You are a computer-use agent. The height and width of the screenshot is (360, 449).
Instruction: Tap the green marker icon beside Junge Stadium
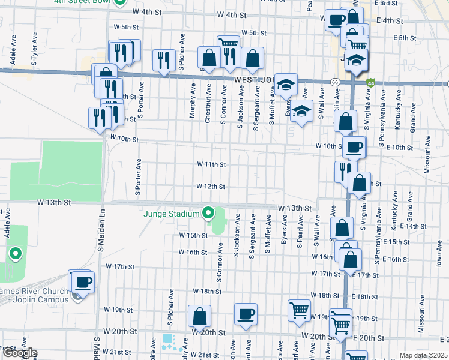point(208,213)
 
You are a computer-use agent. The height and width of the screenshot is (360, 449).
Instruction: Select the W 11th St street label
point(211,164)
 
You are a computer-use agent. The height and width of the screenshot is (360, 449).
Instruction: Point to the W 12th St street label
point(211,187)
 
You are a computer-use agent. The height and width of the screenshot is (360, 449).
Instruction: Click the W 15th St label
point(192,235)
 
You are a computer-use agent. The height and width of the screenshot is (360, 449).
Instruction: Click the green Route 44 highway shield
point(372,82)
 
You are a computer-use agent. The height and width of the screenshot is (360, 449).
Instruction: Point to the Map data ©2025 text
point(423,355)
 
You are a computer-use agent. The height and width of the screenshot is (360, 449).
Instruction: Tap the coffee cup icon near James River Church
point(83,281)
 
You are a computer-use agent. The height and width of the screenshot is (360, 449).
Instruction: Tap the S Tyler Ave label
point(34,56)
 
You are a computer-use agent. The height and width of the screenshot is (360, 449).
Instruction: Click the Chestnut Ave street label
point(208,103)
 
